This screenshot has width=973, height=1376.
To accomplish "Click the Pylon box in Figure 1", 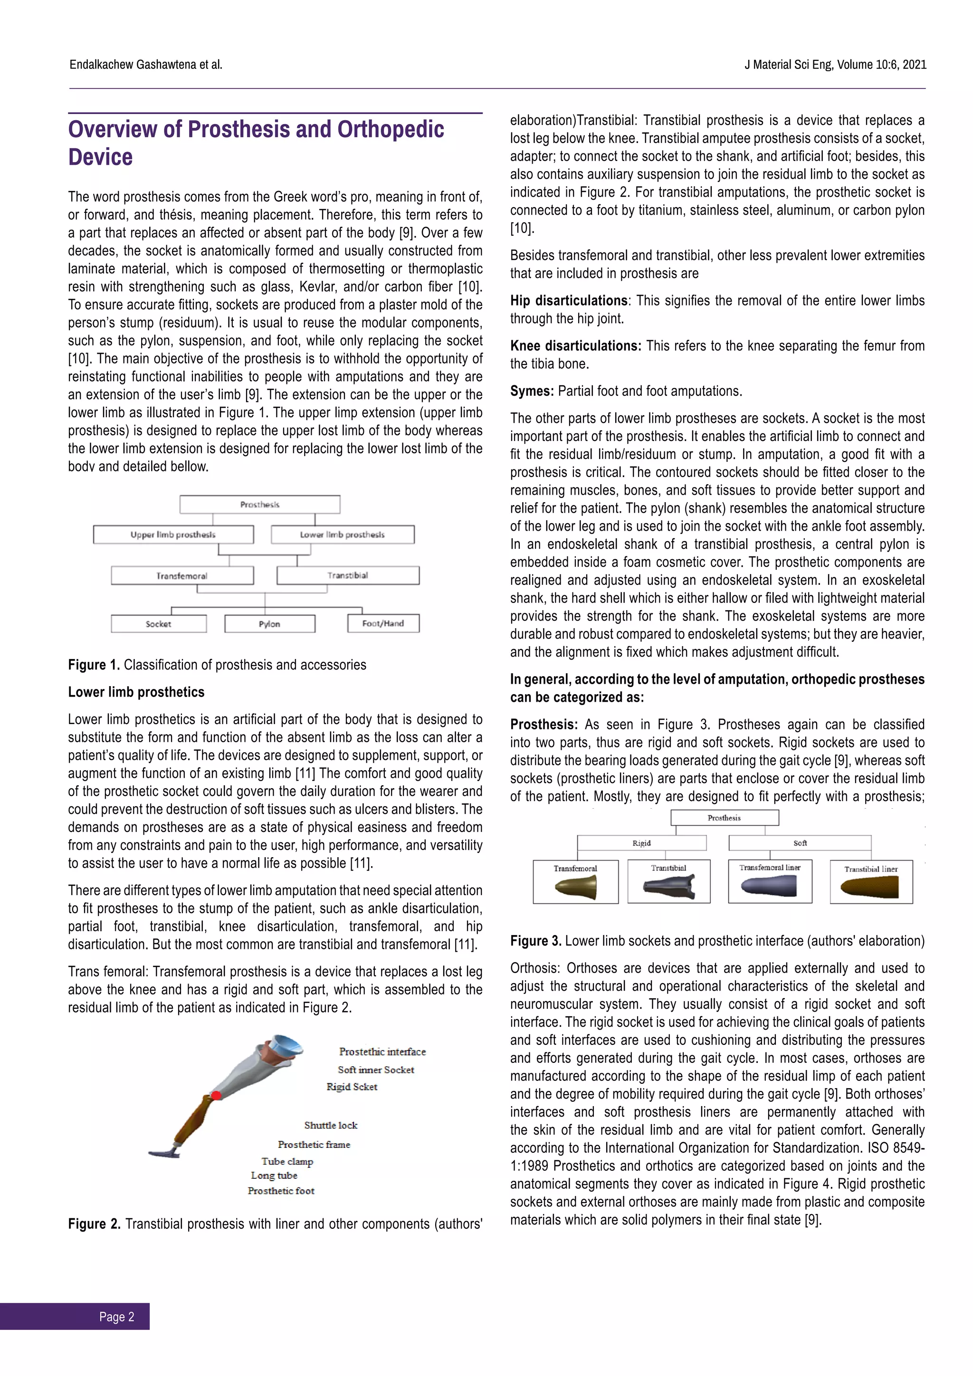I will pyautogui.click(x=269, y=624).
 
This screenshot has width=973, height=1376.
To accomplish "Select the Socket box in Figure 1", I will pyautogui.click(x=159, y=624).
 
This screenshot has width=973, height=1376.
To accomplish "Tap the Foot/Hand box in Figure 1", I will pyautogui.click(x=383, y=623).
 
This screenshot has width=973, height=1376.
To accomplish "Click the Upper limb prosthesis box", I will pyautogui.click(x=173, y=535).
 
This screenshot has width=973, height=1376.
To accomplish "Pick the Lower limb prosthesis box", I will pyautogui.click(x=342, y=535).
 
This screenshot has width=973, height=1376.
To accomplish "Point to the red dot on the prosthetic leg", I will pyautogui.click(x=216, y=1095).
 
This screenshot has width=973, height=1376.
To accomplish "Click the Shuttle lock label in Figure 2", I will pyautogui.click(x=331, y=1125).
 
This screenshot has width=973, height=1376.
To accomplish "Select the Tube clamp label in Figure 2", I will pyautogui.click(x=287, y=1161).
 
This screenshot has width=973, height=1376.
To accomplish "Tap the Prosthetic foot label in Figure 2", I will pyautogui.click(x=281, y=1191).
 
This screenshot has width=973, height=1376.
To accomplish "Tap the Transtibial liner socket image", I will pyautogui.click(x=870, y=888).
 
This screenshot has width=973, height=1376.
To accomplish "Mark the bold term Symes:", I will pyautogui.click(x=532, y=392).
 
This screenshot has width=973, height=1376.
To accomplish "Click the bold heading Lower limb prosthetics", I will pyautogui.click(x=136, y=692).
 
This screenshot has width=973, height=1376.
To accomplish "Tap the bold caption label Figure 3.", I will pyautogui.click(x=535, y=941).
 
